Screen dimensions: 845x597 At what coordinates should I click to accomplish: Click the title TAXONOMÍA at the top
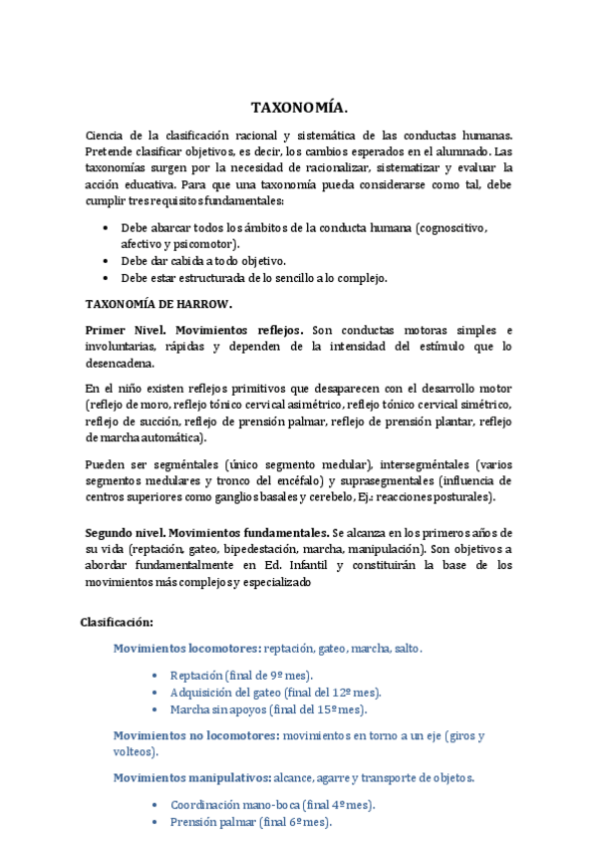299,108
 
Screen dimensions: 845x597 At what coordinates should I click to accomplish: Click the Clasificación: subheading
117,623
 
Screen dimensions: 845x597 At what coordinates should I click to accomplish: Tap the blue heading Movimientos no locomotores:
195,735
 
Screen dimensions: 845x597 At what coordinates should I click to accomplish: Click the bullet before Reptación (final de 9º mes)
154,675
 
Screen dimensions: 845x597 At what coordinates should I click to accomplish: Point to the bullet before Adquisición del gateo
154,692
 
